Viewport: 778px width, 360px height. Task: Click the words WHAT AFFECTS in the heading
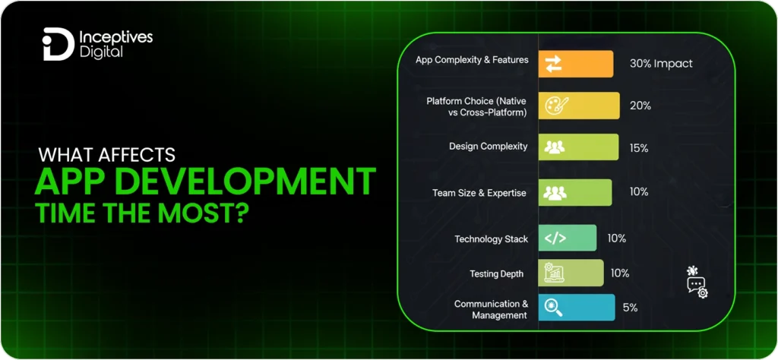107,155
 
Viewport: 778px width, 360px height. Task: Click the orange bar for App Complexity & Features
576,64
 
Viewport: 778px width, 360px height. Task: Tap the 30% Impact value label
661,64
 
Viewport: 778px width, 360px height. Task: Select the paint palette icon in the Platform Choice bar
554,106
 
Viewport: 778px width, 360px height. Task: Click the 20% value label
640,106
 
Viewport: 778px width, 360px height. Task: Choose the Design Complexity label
488,147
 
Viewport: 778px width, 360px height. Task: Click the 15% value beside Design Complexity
638,148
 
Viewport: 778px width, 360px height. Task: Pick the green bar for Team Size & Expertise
575,193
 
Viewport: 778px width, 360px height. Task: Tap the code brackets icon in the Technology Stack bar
555,238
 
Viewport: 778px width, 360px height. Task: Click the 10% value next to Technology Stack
617,238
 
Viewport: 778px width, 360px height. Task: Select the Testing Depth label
496,273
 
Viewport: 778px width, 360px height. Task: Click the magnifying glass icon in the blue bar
555,308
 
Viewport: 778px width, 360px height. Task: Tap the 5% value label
630,308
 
